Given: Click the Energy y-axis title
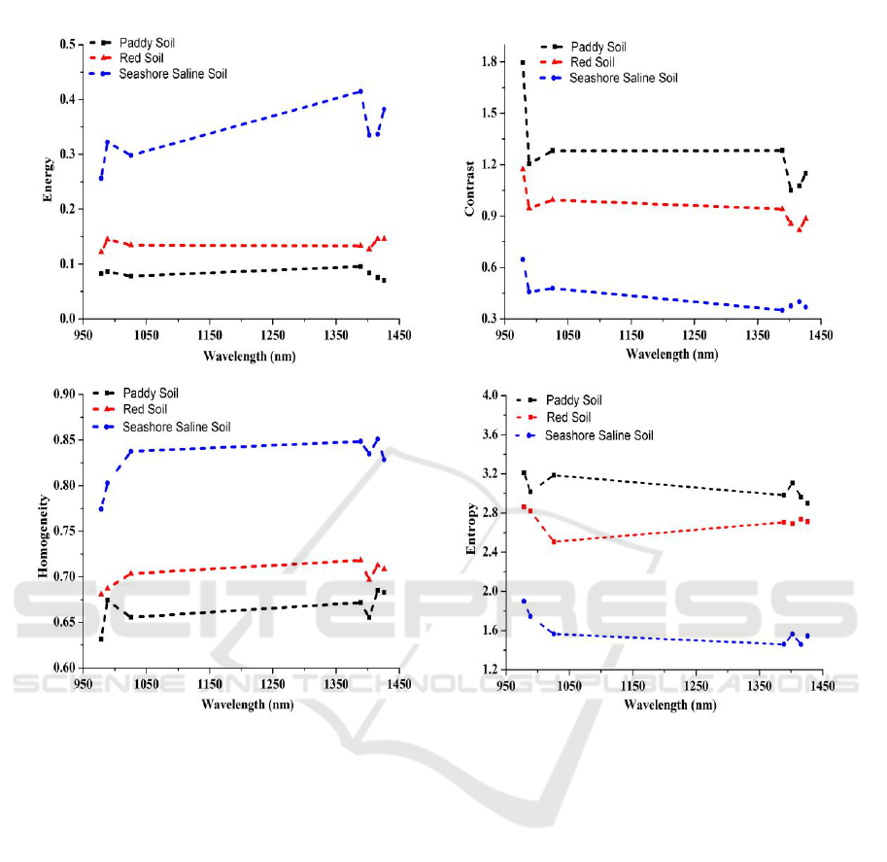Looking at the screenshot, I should click(x=46, y=180).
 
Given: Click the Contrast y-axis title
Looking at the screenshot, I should click(x=469, y=182).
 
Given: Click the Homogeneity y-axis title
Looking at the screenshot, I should click(x=44, y=531).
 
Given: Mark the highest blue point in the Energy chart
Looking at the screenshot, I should click(x=360, y=91).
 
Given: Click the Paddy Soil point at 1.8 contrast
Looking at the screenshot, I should click(x=523, y=62).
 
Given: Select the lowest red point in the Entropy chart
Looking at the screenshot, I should click(x=554, y=541).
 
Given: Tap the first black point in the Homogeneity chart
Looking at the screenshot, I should click(x=101, y=638).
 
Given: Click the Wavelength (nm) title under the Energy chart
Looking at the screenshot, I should click(x=249, y=356).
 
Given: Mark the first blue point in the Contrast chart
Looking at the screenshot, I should click(x=523, y=259).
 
